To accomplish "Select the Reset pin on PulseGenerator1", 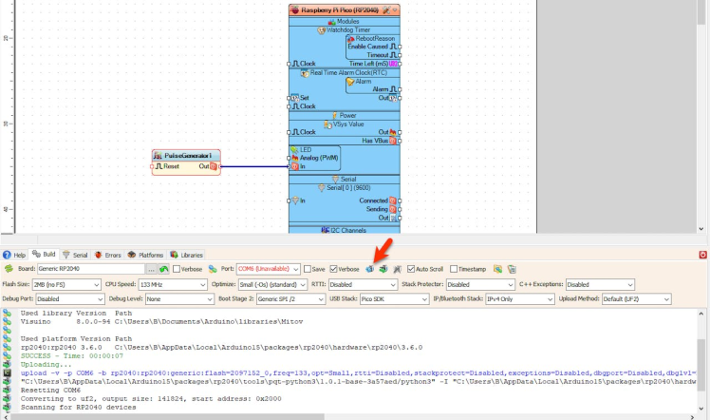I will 169,166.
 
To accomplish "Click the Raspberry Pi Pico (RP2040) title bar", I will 345,10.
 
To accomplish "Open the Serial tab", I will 76,255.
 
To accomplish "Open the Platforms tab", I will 146,255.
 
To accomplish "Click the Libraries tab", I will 187,255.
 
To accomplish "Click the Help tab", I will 15,255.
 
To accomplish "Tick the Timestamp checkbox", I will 455,269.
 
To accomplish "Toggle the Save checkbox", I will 308,269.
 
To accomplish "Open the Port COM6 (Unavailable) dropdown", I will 269,269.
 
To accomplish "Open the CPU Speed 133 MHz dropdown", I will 167,284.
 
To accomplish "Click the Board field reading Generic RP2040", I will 90,269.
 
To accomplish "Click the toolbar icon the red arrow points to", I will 370,269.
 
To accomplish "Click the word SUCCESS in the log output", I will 36,356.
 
